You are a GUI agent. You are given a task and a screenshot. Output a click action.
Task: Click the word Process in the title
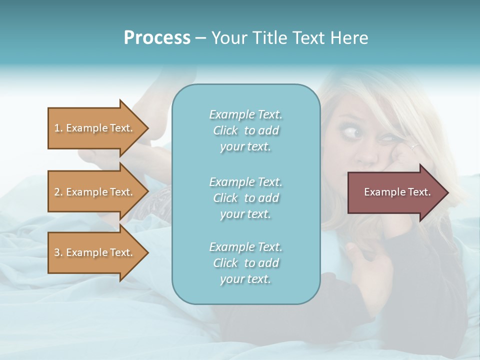(157, 38)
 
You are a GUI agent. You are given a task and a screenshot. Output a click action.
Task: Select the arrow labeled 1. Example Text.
(95, 128)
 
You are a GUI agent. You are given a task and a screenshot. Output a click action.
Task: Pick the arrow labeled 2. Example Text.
(95, 192)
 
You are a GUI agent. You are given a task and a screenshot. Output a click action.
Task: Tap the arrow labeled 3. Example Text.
(95, 252)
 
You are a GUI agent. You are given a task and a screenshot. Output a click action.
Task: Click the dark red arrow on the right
(395, 192)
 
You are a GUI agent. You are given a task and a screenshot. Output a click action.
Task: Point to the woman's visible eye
(354, 133)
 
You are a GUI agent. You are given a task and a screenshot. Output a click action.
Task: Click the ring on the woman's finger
(414, 147)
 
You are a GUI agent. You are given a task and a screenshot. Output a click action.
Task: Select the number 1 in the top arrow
(57, 128)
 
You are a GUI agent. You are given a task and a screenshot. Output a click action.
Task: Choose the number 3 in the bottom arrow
(57, 252)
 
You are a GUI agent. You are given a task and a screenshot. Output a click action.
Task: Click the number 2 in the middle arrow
(57, 192)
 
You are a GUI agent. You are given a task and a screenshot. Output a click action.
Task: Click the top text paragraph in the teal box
(245, 130)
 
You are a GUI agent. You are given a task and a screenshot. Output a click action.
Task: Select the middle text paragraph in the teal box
(245, 198)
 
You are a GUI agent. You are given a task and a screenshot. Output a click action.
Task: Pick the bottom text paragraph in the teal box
(245, 263)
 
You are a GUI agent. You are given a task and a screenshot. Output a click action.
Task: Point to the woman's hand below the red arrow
(367, 260)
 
